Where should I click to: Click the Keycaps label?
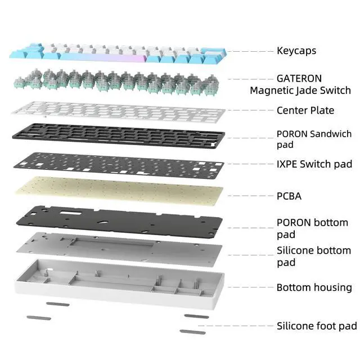[x=296, y=51]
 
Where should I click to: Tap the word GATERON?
[x=299, y=79]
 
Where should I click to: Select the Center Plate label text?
[x=305, y=110]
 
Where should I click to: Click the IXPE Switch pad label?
[x=314, y=164]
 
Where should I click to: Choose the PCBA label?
[x=289, y=196]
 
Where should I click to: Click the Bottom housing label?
[x=314, y=287]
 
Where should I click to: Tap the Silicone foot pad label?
[x=317, y=326]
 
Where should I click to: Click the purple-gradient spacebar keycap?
[x=103, y=57]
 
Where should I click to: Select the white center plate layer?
[x=119, y=112]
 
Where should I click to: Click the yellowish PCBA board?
[x=119, y=191]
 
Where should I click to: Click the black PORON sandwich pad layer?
[x=119, y=136]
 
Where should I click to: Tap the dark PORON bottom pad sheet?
[x=119, y=222]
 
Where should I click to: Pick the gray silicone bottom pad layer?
[x=119, y=249]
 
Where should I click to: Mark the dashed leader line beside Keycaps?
[x=251, y=51]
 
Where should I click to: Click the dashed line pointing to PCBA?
[x=251, y=196]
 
